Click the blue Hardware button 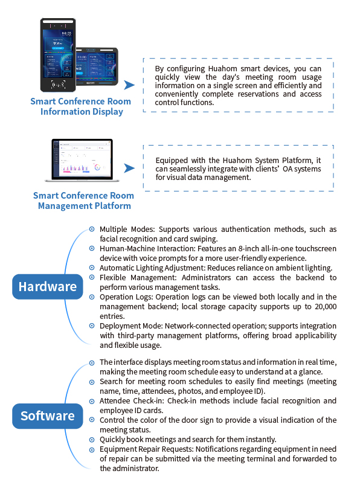(x=48, y=287)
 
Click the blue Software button (x=48, y=416)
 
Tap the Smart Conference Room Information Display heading (x=81, y=106)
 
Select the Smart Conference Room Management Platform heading (x=84, y=201)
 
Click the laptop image (x=82, y=160)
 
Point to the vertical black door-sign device (x=58, y=55)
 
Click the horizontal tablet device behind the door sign (x=97, y=66)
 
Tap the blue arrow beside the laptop (x=129, y=168)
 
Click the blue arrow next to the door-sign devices (x=129, y=85)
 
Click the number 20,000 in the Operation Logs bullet (x=326, y=307)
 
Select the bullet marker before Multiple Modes (x=92, y=230)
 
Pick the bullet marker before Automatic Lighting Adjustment (x=92, y=268)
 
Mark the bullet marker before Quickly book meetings (x=92, y=440)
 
